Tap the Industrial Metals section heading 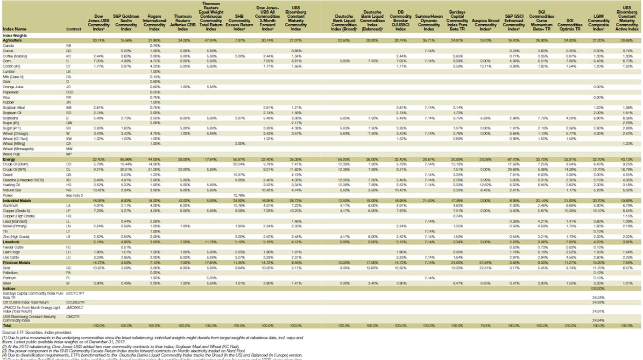pyautogui.click(x=15, y=199)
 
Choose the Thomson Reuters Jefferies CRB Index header pyautogui.click(x=183, y=21)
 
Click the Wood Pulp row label pyautogui.click(x=12, y=154)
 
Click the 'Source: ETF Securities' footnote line pyautogui.click(x=28, y=331)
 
